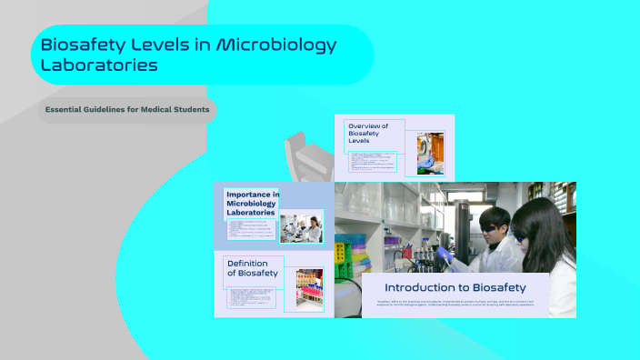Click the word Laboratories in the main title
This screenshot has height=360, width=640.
coord(99,65)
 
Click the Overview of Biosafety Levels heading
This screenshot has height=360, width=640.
coord(368,134)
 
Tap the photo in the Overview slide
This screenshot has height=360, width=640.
coord(430,154)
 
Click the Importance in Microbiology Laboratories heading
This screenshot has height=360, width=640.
coord(253,204)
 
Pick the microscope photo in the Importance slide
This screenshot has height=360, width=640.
coord(301,228)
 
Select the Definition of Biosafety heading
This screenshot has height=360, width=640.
coord(253,268)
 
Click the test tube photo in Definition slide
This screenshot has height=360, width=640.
coord(309,290)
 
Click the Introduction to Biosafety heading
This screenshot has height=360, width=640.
coord(455,286)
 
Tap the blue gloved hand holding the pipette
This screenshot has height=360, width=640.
coord(445,255)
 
